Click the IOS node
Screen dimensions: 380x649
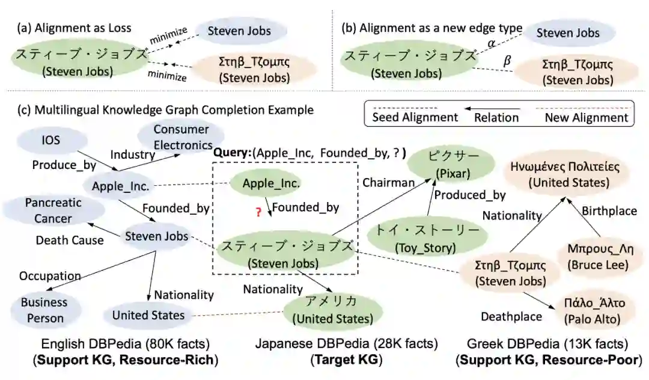51,140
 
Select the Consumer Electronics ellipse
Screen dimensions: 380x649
181,137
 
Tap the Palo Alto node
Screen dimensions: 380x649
592,310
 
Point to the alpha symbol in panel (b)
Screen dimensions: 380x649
491,44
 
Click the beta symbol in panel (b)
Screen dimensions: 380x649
507,61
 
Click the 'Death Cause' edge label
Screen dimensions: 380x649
69,241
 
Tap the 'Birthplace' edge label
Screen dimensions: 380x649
609,211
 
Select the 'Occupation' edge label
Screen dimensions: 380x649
50,276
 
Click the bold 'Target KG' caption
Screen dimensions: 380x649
346,361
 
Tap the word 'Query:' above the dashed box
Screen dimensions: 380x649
232,153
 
